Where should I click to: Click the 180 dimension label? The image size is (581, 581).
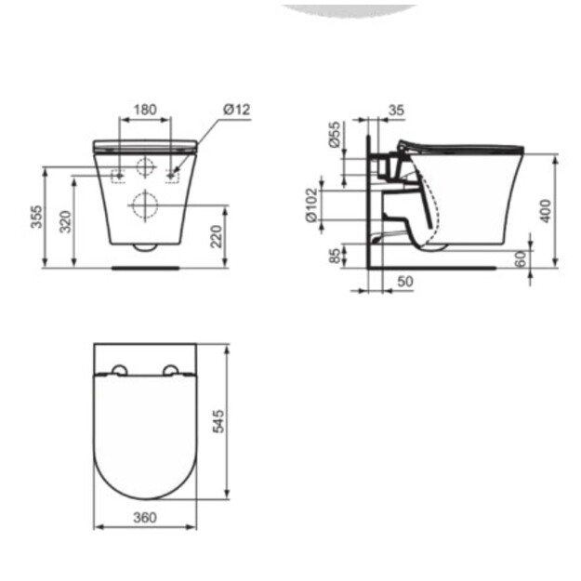click(x=145, y=110)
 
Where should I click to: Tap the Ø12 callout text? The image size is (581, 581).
click(x=237, y=110)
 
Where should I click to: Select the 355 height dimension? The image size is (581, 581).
click(x=37, y=217)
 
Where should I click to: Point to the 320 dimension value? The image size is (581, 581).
click(x=66, y=221)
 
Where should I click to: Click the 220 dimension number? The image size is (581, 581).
click(x=216, y=236)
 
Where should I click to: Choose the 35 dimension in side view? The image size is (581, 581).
click(x=396, y=110)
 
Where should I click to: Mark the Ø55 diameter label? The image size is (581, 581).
click(x=335, y=135)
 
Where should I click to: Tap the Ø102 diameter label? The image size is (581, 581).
click(x=312, y=205)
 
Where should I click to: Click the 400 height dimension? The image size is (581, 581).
click(x=546, y=211)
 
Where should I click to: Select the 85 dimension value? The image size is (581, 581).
click(x=335, y=256)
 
